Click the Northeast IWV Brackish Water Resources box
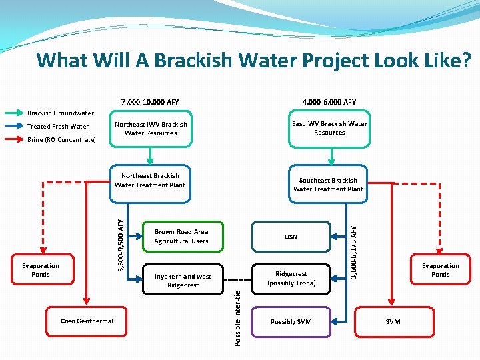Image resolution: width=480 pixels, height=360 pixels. coord(151,129)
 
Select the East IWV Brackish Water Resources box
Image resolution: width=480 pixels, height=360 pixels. coord(329,128)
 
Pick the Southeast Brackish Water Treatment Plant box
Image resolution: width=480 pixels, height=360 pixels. coord(329,185)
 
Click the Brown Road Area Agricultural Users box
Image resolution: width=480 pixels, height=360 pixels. coord(181,237)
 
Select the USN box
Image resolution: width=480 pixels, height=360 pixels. coord(291,237)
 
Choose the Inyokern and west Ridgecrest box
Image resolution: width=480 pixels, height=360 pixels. coord(183,281)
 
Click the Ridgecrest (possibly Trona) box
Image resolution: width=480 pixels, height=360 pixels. coord(291,278)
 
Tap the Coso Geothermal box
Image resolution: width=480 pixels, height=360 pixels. coord(87,321)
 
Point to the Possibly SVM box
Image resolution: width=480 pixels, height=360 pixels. coord(291,322)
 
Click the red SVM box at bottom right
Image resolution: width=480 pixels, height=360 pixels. coord(393,322)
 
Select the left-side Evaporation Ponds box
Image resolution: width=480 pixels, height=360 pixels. coord(41,270)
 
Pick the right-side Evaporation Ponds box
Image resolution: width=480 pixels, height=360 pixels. coord(440,270)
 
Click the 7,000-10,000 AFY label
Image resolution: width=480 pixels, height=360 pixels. coord(150,102)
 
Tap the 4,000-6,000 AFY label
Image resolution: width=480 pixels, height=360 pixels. coord(329,102)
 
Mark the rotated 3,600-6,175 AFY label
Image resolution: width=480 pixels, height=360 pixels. coord(354,251)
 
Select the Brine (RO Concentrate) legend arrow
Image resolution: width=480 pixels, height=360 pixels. coord(13,140)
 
